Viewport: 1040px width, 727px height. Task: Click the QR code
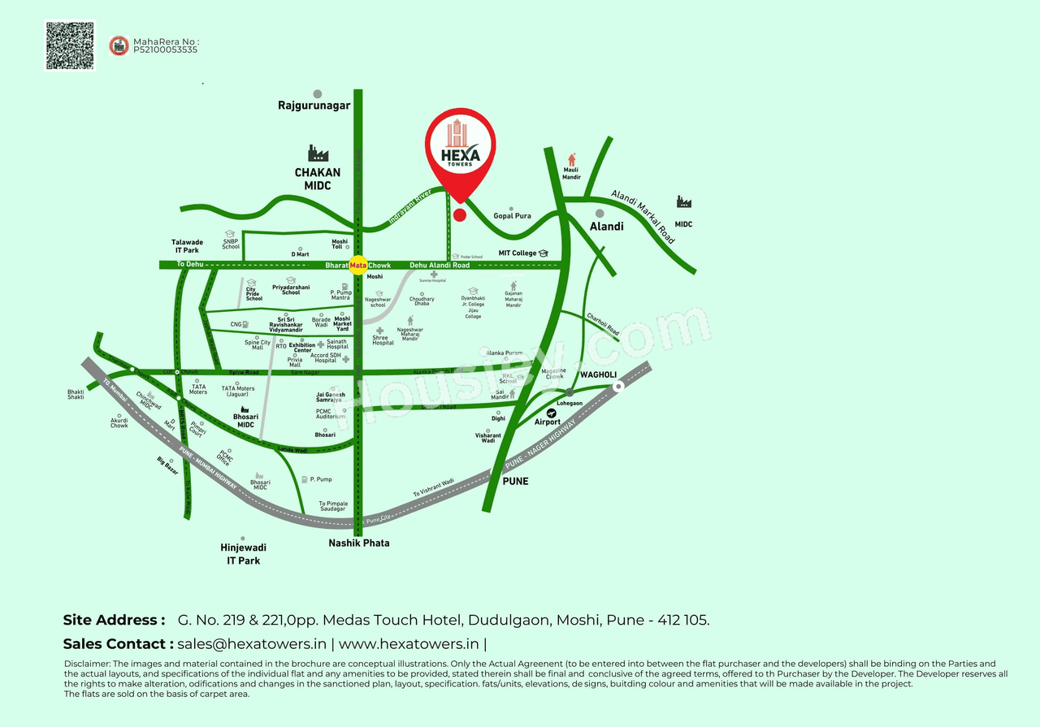(x=70, y=45)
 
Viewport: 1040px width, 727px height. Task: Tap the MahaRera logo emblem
(x=119, y=45)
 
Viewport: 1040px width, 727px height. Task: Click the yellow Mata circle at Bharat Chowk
(x=357, y=266)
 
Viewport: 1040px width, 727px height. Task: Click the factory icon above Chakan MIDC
(x=318, y=153)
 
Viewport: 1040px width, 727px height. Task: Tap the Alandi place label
(x=606, y=227)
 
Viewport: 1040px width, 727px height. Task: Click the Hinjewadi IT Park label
(x=243, y=554)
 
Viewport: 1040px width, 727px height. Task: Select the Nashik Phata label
(x=358, y=543)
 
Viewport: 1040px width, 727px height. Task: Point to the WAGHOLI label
(x=598, y=374)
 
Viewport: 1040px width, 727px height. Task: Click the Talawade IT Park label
(x=187, y=246)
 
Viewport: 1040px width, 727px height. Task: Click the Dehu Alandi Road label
(x=440, y=266)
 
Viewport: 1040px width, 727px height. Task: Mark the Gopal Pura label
(x=512, y=216)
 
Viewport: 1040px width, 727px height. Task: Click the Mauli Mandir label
(x=571, y=173)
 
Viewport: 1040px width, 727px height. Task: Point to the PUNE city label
(x=515, y=481)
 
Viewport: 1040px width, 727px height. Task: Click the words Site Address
(x=114, y=620)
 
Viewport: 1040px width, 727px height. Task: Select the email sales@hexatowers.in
(x=252, y=644)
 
